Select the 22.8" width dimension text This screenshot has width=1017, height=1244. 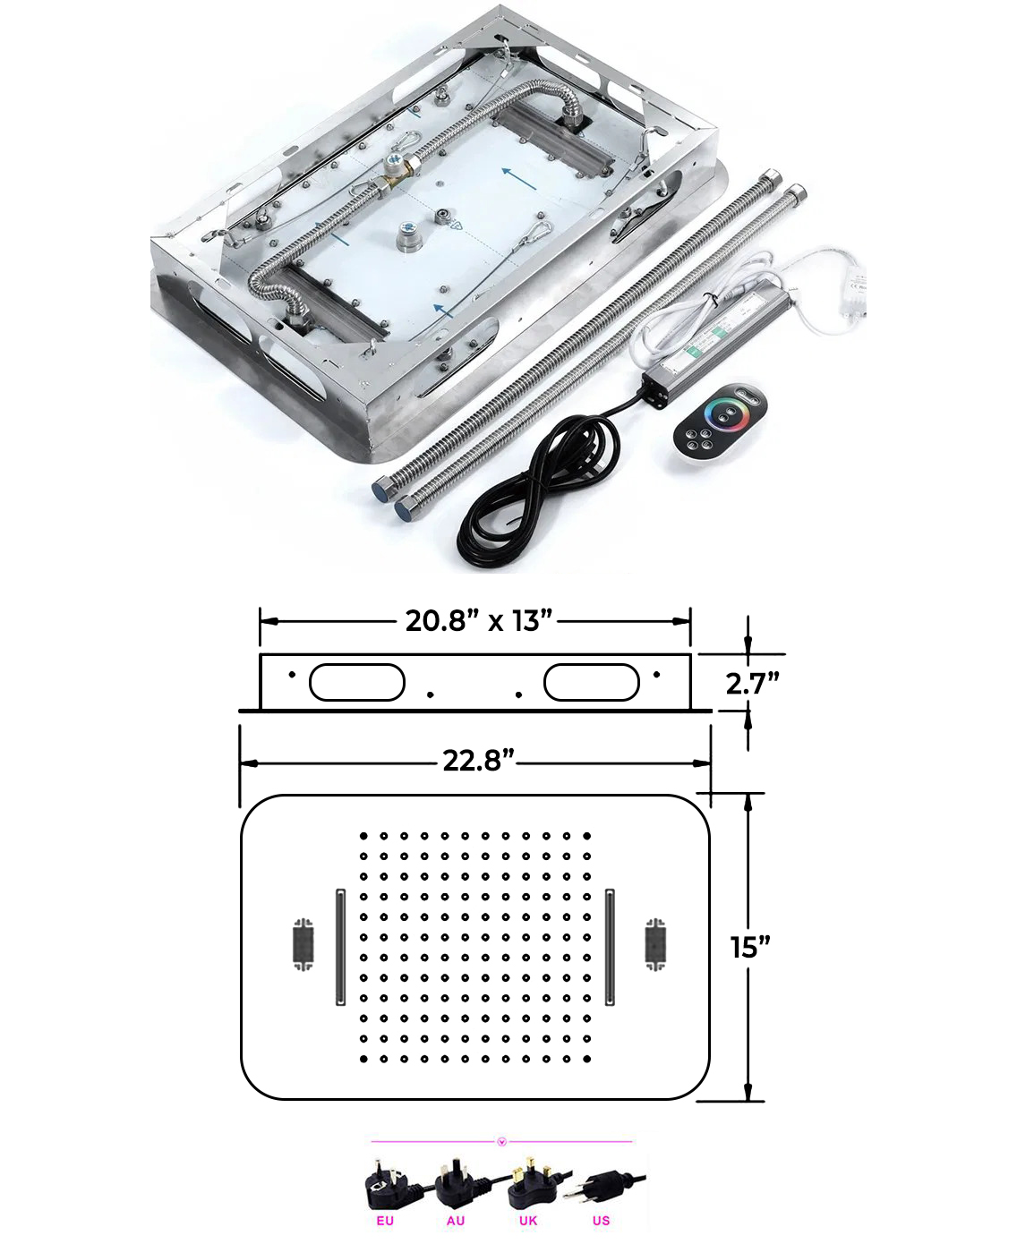click(478, 761)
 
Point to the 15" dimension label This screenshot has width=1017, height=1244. click(750, 947)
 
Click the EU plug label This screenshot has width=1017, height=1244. click(385, 1221)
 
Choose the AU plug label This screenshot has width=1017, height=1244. click(456, 1221)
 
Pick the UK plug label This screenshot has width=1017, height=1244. click(528, 1221)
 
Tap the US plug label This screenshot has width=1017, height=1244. click(601, 1221)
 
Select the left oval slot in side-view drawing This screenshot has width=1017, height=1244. click(356, 682)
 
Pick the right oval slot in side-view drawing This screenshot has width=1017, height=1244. click(592, 682)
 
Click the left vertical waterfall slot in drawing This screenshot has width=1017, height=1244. click(340, 947)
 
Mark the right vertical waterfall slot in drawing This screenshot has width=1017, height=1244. click(610, 947)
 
